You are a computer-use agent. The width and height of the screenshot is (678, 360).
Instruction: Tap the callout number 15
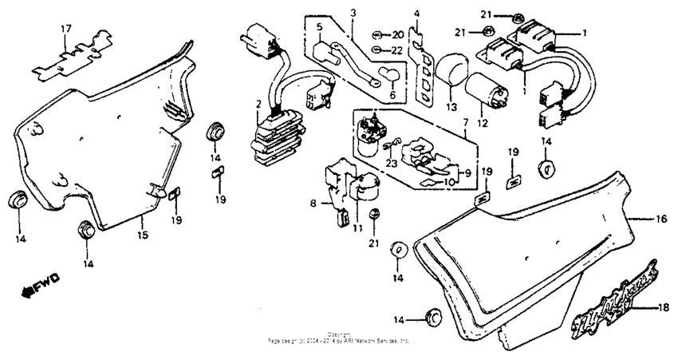coord(141,235)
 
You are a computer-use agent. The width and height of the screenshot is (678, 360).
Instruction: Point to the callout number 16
coord(661,218)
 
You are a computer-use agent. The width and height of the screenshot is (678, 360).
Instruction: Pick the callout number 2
coord(258,105)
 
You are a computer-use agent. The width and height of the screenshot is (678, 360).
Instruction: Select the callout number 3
coord(353,12)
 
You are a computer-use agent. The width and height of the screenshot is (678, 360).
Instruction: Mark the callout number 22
coord(398,50)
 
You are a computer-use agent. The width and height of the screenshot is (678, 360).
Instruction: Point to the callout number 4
coord(416,14)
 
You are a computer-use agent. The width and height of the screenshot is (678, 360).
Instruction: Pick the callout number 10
coord(451,183)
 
